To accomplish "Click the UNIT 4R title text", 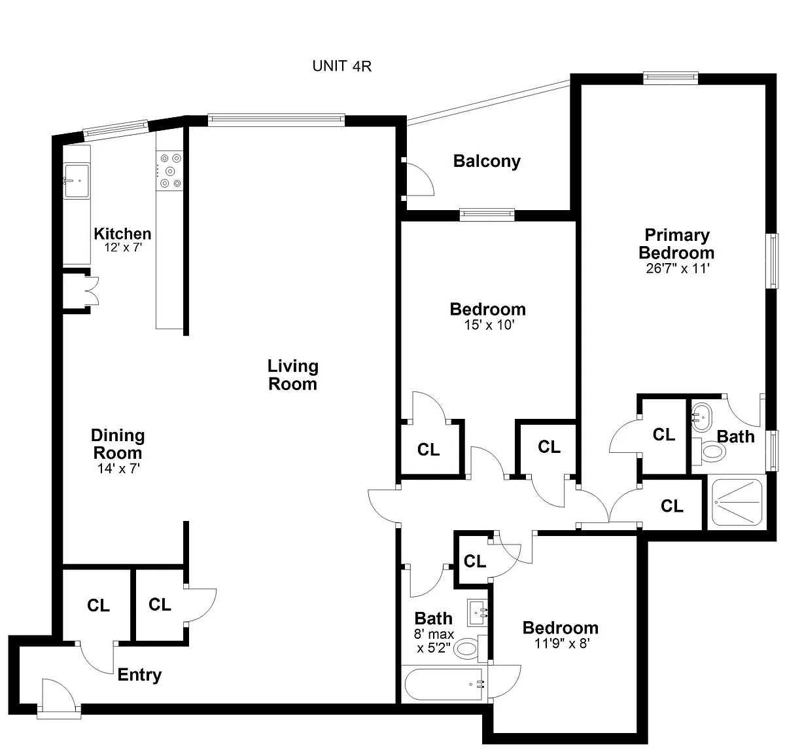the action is (341, 66).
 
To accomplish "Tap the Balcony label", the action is (487, 161).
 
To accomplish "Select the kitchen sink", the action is (77, 181).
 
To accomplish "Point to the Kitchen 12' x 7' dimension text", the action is (123, 247).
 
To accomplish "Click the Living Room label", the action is (293, 375).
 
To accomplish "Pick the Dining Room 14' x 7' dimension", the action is (118, 469).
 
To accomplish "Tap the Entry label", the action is (139, 675).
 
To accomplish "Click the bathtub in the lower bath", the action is (444, 684).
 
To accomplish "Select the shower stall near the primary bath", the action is (737, 503).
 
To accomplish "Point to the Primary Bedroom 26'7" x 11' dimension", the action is (677, 268).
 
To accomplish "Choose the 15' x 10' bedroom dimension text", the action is (489, 325).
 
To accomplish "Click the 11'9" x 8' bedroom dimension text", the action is (562, 643).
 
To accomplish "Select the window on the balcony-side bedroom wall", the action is (487, 215).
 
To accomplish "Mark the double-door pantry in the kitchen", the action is (80, 290).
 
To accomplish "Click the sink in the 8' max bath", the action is (478, 613).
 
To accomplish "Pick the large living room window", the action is (276, 120).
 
